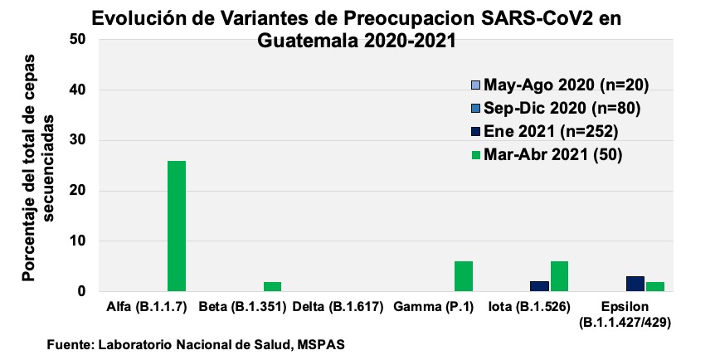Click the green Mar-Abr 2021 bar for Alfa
pos(177,226)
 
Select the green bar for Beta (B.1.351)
pos(272,287)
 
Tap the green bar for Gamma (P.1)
pos(464,276)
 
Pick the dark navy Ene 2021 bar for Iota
pos(539,286)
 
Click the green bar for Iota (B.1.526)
pos(559,276)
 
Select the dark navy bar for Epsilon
pos(635,284)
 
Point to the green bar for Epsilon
pos(654,287)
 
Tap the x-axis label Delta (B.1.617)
pos(337,307)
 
